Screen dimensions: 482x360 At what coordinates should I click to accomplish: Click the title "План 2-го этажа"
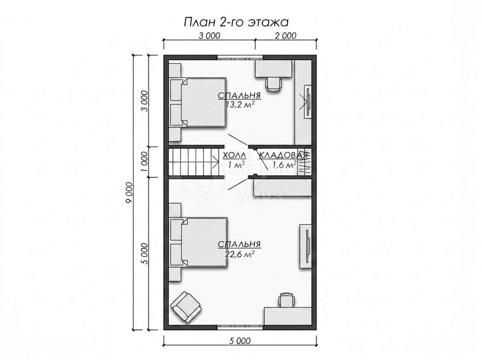(236, 22)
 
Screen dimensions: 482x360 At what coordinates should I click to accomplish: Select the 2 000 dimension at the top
(286, 36)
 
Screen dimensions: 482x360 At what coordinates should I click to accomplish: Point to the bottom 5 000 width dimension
(240, 341)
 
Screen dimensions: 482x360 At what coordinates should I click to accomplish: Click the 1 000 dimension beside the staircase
(145, 162)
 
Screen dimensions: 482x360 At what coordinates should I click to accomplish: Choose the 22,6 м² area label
(240, 254)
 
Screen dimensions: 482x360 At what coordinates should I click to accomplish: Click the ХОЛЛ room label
(234, 155)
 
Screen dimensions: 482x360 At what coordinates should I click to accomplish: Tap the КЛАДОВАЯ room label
(283, 155)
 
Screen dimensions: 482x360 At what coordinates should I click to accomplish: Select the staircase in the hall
(194, 162)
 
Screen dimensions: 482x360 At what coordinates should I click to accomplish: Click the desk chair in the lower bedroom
(286, 300)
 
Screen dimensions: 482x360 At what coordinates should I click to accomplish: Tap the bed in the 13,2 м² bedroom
(198, 102)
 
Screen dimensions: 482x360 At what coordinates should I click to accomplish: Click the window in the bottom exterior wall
(240, 333)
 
